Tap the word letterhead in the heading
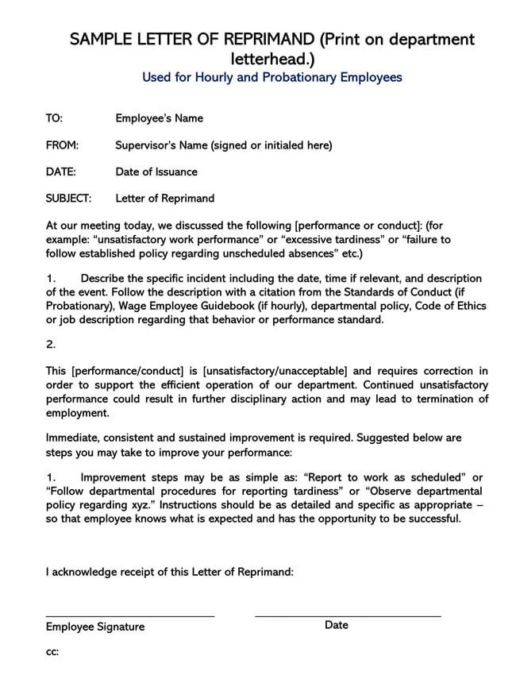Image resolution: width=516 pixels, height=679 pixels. pyautogui.click(x=270, y=59)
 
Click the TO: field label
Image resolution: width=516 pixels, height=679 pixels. pyautogui.click(x=54, y=118)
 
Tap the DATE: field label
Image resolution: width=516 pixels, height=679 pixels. pyautogui.click(x=61, y=172)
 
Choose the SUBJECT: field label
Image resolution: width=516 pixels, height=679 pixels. pyautogui.click(x=68, y=198)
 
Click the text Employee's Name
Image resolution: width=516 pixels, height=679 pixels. pyautogui.click(x=159, y=118)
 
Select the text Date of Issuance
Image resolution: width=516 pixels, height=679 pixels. pyautogui.click(x=156, y=172)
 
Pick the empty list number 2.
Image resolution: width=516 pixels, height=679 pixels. pyautogui.click(x=51, y=345)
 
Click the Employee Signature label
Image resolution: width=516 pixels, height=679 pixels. pyautogui.click(x=95, y=627)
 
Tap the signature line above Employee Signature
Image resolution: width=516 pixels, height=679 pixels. pyautogui.click(x=129, y=615)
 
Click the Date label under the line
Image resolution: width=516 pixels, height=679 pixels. pyautogui.click(x=336, y=625)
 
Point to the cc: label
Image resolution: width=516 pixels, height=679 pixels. pyautogui.click(x=52, y=652)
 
